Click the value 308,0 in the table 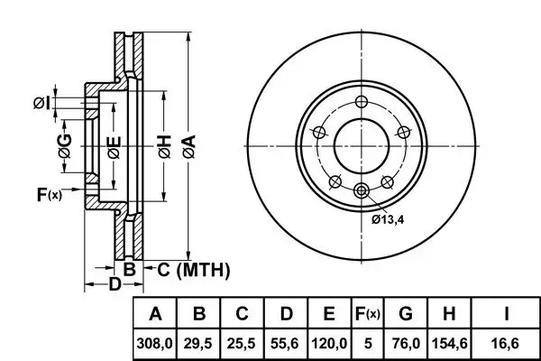click(x=155, y=344)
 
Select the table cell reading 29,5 click(x=200, y=344)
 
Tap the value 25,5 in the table click(x=243, y=344)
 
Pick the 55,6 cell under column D click(x=286, y=344)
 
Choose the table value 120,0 click(x=329, y=344)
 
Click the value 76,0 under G click(x=406, y=344)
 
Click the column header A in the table click(x=155, y=314)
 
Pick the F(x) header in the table click(x=367, y=314)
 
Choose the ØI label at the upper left click(x=41, y=103)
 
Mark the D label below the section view click(x=114, y=286)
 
